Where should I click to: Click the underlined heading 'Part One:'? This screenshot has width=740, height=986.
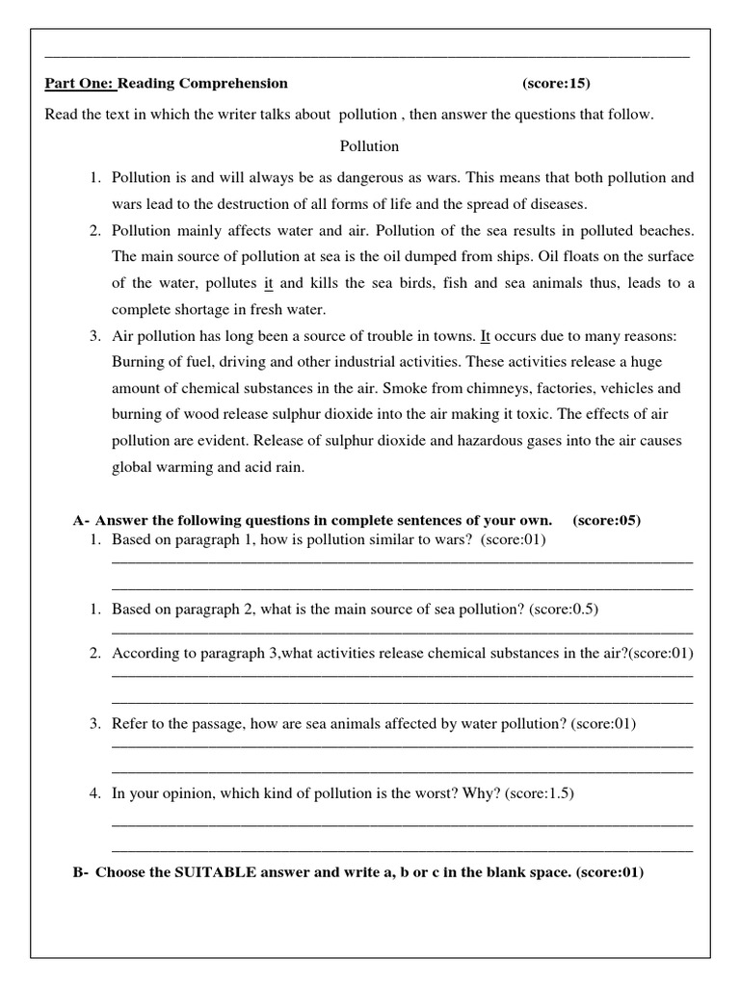coord(80,83)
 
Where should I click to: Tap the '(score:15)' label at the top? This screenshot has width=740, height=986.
coord(564,83)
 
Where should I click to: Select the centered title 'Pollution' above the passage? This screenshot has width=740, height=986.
coord(369,146)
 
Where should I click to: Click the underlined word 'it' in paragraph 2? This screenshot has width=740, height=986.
coord(269,283)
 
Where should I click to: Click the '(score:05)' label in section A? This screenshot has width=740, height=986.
coord(606,520)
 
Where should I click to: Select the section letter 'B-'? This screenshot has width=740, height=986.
coord(81,872)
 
